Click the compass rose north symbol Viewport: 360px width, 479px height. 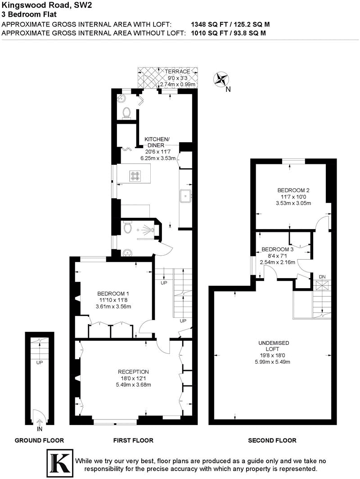point(221,80)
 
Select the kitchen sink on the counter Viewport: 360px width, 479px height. point(185,196)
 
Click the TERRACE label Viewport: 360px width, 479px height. point(177,72)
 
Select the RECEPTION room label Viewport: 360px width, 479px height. point(133,371)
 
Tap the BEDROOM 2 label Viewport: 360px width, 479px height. point(293,190)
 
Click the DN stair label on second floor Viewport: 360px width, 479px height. point(322,276)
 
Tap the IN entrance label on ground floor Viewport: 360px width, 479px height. point(40,429)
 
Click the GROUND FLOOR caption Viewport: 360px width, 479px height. point(39,440)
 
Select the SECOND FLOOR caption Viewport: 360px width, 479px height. point(272,440)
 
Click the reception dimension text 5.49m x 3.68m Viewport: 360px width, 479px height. point(133,384)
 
